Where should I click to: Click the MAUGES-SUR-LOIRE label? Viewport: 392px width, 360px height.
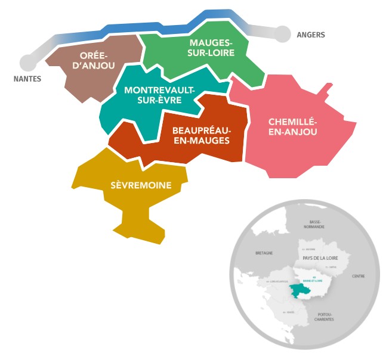[212, 47]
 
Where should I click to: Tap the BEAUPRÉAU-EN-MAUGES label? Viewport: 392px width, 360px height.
[201, 135]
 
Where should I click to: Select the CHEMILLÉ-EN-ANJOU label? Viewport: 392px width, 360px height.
[292, 126]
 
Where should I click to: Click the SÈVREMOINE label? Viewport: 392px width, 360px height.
[141, 185]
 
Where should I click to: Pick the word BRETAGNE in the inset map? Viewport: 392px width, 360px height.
[264, 253]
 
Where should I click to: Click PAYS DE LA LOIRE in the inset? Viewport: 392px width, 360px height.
[320, 257]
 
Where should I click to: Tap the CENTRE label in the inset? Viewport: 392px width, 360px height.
[358, 276]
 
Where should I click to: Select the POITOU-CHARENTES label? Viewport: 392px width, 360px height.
[325, 316]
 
